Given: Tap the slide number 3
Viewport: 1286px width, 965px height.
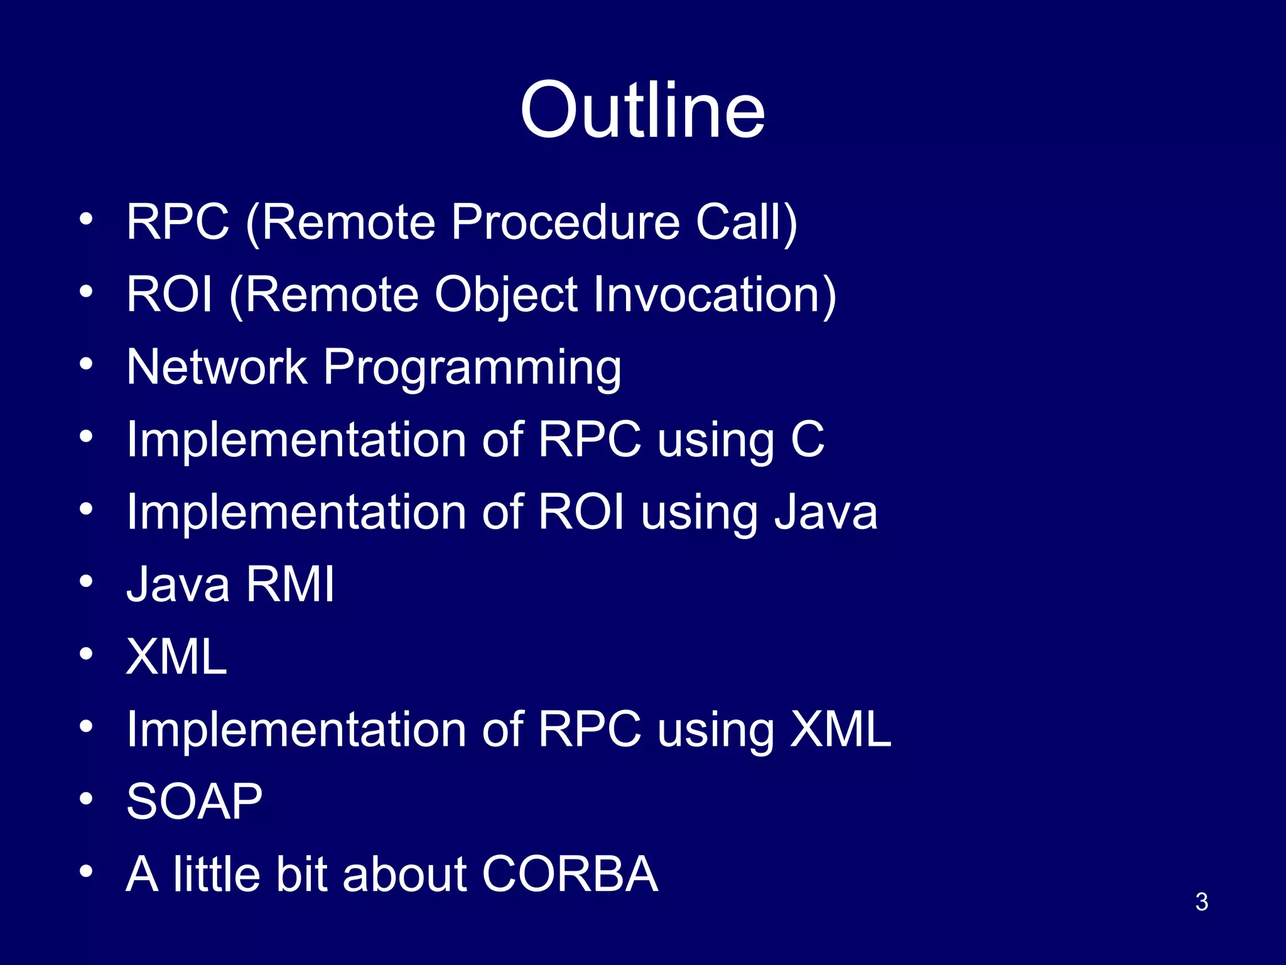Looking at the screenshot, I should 1201,902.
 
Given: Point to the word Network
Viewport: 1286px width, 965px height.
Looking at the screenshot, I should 217,367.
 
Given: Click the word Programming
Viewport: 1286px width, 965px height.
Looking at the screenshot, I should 472,368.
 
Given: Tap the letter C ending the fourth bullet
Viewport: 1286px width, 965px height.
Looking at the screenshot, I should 807,439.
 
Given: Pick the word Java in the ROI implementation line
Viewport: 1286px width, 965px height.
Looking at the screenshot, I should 826,512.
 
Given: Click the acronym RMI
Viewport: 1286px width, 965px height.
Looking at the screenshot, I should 290,584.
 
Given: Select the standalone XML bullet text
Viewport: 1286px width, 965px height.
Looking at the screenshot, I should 176,657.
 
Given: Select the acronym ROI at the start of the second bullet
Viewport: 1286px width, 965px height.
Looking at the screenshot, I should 170,295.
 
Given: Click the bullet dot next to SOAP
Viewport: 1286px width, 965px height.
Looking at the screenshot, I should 86,799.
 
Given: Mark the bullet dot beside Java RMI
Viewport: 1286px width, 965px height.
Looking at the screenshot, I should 86,581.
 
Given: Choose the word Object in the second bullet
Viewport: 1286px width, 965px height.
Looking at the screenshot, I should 506,295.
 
